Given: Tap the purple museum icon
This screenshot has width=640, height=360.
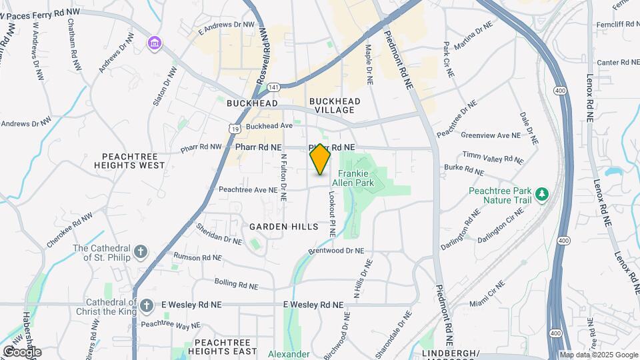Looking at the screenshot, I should pyautogui.click(x=155, y=43).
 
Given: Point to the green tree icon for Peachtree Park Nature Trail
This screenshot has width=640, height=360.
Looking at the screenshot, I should pyautogui.click(x=543, y=194).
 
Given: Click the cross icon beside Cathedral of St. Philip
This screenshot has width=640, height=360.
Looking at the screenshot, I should pyautogui.click(x=140, y=251).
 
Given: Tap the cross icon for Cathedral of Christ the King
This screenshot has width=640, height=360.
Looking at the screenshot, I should pyautogui.click(x=147, y=305).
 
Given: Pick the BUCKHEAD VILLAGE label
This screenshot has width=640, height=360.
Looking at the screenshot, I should pyautogui.click(x=335, y=105).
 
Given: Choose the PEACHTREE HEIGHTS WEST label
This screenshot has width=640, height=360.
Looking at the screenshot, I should pyautogui.click(x=133, y=160).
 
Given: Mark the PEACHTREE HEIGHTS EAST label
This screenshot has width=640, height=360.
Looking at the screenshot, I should pyautogui.click(x=225, y=347).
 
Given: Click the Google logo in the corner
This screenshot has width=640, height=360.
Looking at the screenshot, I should pyautogui.click(x=21, y=351).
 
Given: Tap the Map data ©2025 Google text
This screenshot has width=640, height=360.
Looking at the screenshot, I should pyautogui.click(x=598, y=355).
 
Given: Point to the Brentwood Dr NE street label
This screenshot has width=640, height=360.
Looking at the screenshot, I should pyautogui.click(x=337, y=251).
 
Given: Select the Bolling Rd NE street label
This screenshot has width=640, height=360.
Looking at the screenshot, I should pyautogui.click(x=236, y=284).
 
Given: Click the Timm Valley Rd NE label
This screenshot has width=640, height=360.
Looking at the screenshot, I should pyautogui.click(x=493, y=157).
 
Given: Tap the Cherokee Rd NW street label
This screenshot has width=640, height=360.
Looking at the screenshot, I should pyautogui.click(x=71, y=231).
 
